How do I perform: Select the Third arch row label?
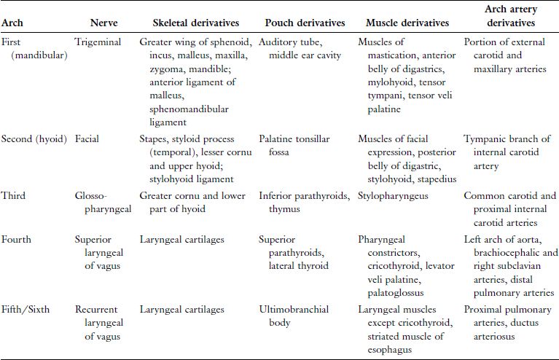tap(14, 195)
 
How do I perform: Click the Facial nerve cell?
tap(87, 136)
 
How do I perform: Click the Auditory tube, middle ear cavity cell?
tap(300, 48)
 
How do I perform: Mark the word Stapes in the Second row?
tap(153, 136)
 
